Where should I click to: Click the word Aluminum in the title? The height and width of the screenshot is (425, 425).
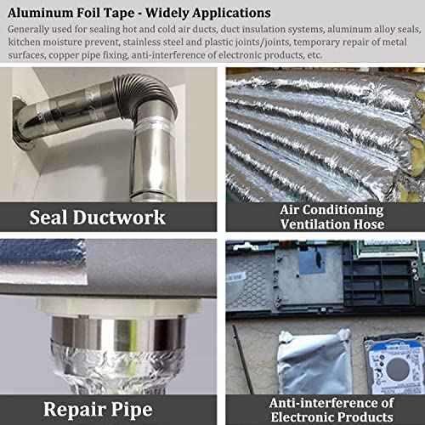click(40, 14)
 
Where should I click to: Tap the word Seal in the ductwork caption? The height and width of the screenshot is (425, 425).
click(53, 216)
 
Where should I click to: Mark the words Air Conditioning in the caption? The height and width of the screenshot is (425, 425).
click(331, 209)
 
